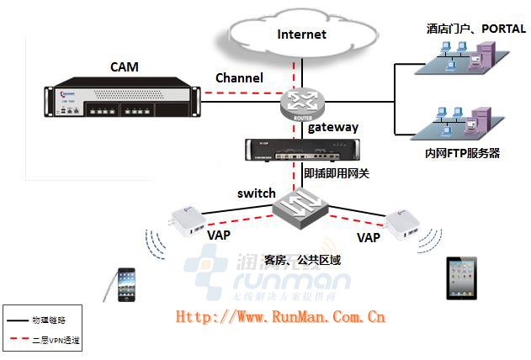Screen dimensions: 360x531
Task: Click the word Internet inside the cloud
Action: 301,34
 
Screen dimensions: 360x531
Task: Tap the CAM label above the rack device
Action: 124,66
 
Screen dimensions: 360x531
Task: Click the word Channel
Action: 239,77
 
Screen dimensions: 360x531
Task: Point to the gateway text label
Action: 333,128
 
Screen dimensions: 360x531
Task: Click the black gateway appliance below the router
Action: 295,149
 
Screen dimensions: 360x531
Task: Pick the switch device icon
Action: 300,208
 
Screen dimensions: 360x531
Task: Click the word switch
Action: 256,193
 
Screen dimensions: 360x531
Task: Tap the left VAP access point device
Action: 189,221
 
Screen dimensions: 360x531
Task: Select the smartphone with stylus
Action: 125,283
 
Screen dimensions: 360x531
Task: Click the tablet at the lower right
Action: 461,278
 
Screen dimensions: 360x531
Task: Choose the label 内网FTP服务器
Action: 463,153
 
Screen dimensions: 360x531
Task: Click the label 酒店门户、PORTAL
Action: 475,29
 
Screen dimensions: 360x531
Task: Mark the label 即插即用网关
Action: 337,172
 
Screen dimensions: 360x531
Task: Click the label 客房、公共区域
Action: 303,260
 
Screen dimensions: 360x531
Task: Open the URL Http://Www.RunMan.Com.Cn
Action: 280,317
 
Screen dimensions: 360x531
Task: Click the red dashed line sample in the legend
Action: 16,341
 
